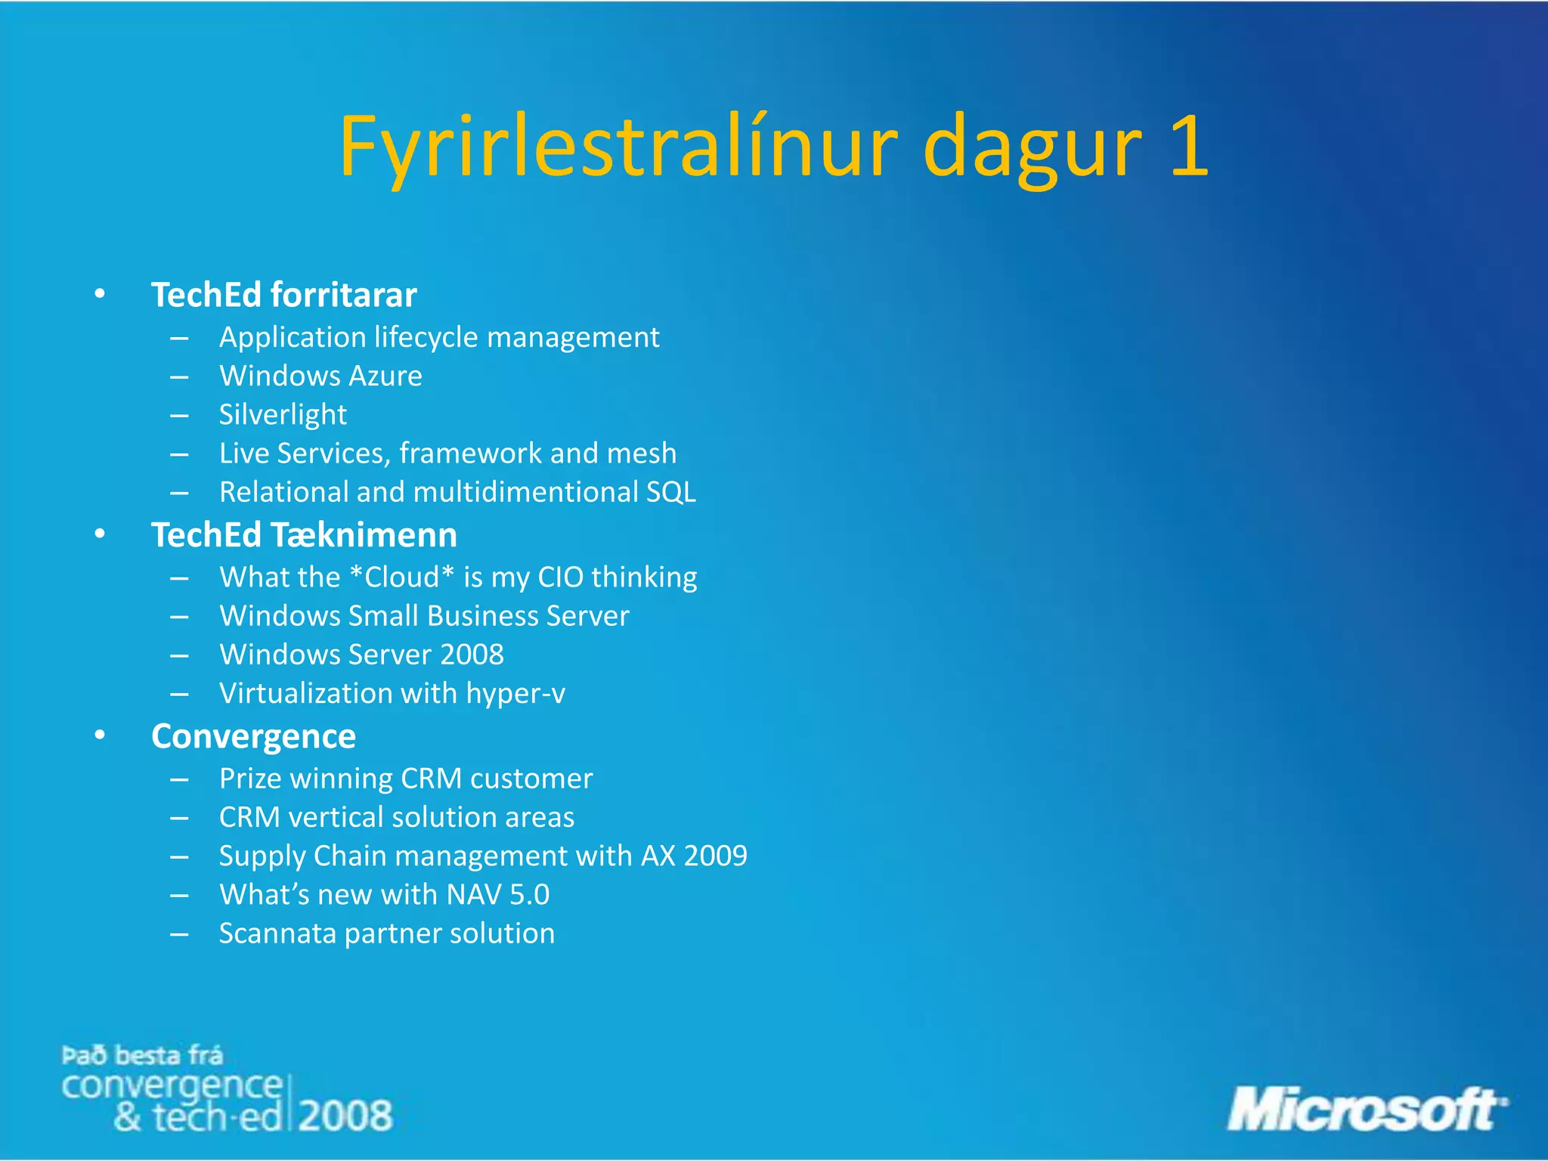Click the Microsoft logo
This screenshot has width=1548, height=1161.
[x=1366, y=1110]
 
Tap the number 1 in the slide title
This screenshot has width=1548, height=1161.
[x=1188, y=146]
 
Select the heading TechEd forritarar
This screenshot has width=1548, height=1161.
[x=283, y=295]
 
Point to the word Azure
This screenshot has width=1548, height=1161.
[x=385, y=376]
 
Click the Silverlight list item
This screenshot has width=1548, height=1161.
[x=283, y=414]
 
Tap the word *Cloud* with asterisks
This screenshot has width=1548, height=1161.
[x=401, y=577]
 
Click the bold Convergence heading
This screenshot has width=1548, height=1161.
[x=253, y=736]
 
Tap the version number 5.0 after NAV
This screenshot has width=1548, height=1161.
[x=529, y=895]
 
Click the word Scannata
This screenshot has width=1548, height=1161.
[x=277, y=933]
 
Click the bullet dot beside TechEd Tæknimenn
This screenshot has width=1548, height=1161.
[x=100, y=534]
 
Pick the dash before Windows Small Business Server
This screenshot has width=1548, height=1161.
[x=179, y=617]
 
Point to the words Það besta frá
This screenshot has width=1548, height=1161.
[x=142, y=1055]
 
